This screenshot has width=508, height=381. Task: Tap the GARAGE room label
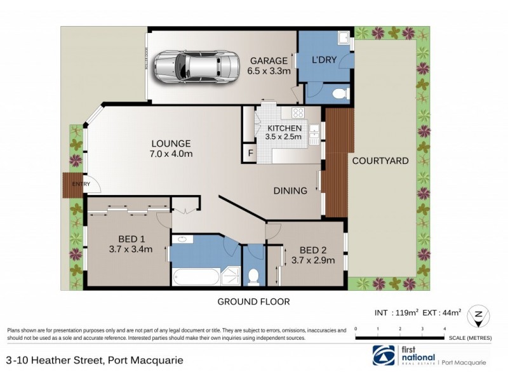[269, 61]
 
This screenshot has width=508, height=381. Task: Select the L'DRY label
[323, 61]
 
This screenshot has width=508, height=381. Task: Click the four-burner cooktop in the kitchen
[297, 113]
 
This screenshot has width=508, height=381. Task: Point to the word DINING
[290, 190]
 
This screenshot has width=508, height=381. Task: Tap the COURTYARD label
[381, 161]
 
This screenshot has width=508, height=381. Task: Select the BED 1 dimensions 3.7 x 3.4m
[130, 249]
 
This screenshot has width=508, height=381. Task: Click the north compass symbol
[477, 315]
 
